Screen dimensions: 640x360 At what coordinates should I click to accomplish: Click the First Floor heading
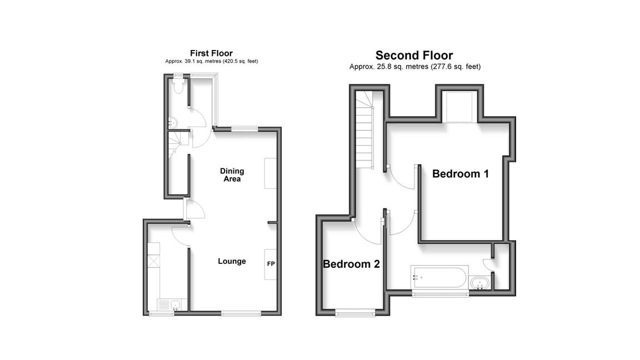coord(211,53)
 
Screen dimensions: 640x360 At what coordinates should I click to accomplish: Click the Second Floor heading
coord(414,55)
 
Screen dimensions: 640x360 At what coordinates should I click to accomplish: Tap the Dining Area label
coord(232,174)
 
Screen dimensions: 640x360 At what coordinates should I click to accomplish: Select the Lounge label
coord(232,261)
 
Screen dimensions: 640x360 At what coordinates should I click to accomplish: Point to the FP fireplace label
coord(271,264)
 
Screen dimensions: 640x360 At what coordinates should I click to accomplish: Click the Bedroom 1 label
coord(461,174)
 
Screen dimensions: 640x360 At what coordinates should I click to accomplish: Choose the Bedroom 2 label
coord(352,264)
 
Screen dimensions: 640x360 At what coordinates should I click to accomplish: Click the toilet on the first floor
coord(178,86)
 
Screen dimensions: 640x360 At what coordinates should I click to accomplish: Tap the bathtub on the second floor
coord(439,277)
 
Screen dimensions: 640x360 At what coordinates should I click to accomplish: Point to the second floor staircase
coord(364,130)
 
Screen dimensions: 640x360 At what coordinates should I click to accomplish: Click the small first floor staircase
coord(176,144)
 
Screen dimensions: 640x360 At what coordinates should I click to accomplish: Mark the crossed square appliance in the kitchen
coord(153,262)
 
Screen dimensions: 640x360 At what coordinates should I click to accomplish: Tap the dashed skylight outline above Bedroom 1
coord(459,107)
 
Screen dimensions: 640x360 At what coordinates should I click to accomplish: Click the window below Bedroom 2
coord(355,313)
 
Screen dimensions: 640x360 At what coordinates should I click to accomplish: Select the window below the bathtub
coord(440,294)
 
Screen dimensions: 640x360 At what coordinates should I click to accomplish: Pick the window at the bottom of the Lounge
coord(241,313)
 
